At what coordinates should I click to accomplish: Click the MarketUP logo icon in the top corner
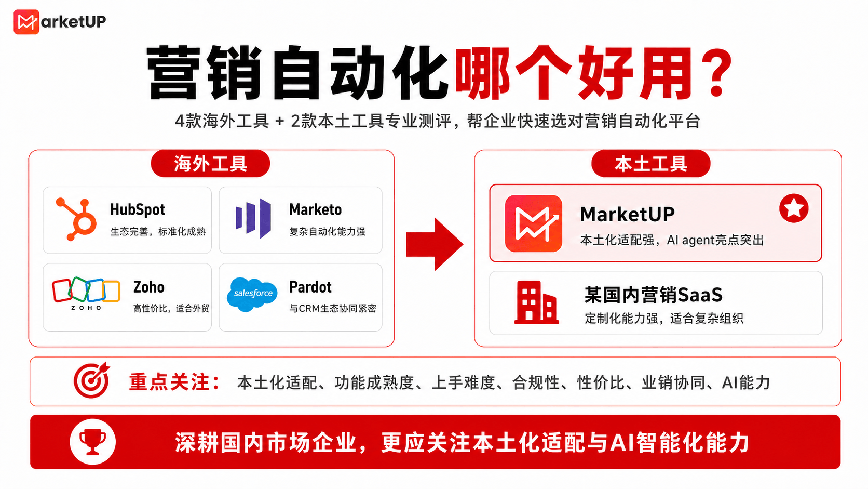(x=26, y=22)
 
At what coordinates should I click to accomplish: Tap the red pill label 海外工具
(x=210, y=164)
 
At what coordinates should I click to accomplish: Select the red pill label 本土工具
(x=650, y=164)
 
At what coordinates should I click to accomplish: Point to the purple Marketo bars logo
(x=253, y=218)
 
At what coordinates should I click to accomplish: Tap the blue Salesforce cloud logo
(x=252, y=294)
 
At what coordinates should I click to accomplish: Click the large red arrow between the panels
(x=435, y=244)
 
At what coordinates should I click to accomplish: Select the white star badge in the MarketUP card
(x=794, y=208)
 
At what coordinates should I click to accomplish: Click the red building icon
(x=536, y=302)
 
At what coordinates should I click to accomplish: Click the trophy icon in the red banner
(x=92, y=442)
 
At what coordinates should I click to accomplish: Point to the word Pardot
(x=310, y=287)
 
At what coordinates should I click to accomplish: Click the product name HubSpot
(x=138, y=210)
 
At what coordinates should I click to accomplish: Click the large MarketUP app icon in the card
(x=534, y=223)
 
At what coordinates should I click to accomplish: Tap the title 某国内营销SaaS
(x=653, y=295)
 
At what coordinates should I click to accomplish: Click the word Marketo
(x=316, y=210)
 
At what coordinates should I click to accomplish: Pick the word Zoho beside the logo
(x=149, y=287)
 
